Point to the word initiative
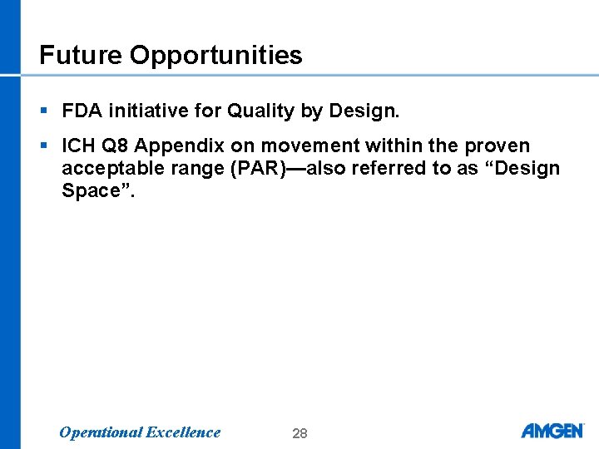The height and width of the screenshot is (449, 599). coord(143,111)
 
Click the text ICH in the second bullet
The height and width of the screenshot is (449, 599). coord(80,146)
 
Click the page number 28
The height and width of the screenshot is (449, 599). coord(299,433)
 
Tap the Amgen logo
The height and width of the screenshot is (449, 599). coord(552,431)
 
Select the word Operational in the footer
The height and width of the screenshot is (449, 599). coord(100,432)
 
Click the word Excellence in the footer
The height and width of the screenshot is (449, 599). coord(183,432)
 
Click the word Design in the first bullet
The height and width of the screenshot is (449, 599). coord(365,111)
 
